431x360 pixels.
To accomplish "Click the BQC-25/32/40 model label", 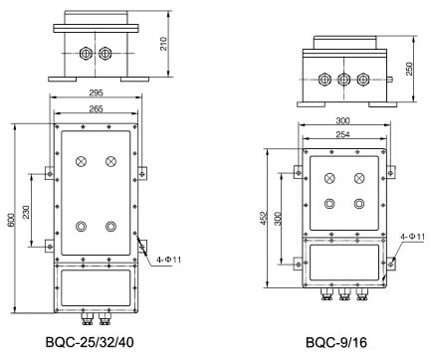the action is coord(90,342).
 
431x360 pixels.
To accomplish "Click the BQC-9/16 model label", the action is coord(336,342).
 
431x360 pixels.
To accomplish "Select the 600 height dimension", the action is coord(11,220).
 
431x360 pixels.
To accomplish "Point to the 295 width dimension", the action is coord(97,92).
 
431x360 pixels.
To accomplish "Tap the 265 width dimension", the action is coord(97,108).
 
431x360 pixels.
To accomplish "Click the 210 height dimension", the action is coord(164,44).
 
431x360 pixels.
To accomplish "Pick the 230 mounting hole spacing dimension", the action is coord(26,212).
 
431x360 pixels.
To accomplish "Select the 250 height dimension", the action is coord(410,69).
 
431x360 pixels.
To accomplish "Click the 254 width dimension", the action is coord(342,134).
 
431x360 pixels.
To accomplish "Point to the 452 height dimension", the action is coord(264,219).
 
